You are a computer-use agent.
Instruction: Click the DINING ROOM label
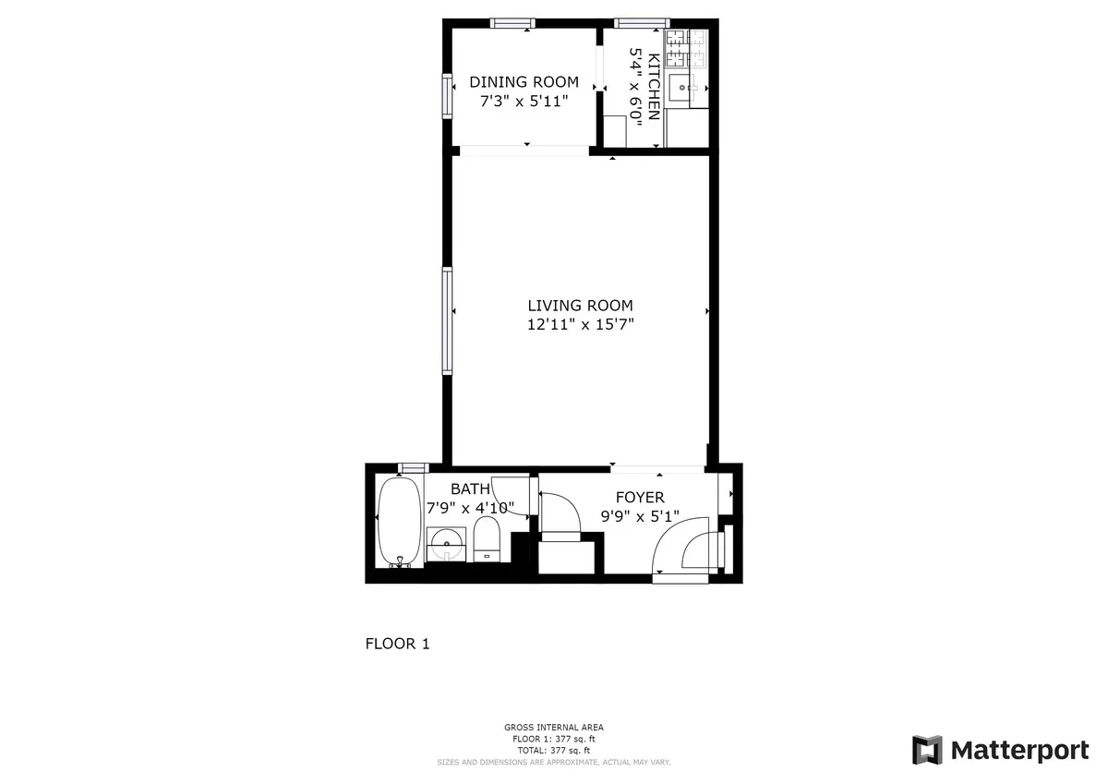pyautogui.click(x=524, y=82)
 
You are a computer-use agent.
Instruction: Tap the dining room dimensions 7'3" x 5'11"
pyautogui.click(x=524, y=101)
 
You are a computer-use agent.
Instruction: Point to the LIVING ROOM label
pyautogui.click(x=580, y=306)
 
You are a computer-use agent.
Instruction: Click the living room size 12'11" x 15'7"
pyautogui.click(x=580, y=324)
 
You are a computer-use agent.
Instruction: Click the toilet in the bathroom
pyautogui.click(x=487, y=538)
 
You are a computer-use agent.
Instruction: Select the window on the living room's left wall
pyautogui.click(x=448, y=320)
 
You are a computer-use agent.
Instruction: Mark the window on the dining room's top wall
pyautogui.click(x=512, y=24)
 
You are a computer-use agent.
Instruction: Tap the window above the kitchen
pyautogui.click(x=642, y=24)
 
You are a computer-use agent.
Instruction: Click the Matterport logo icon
pyautogui.click(x=927, y=750)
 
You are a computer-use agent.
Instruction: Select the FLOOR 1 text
pyautogui.click(x=397, y=645)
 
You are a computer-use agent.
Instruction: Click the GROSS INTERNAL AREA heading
pyautogui.click(x=554, y=728)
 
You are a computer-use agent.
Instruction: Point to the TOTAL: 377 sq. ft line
pyautogui.click(x=554, y=750)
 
